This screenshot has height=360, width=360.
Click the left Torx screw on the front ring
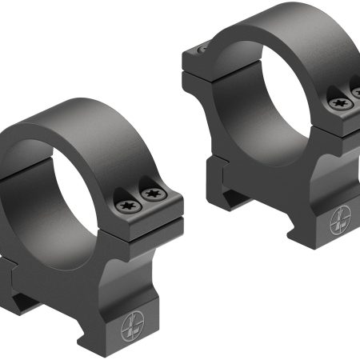click(x=126, y=206)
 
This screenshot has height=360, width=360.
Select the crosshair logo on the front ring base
click(x=132, y=329)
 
